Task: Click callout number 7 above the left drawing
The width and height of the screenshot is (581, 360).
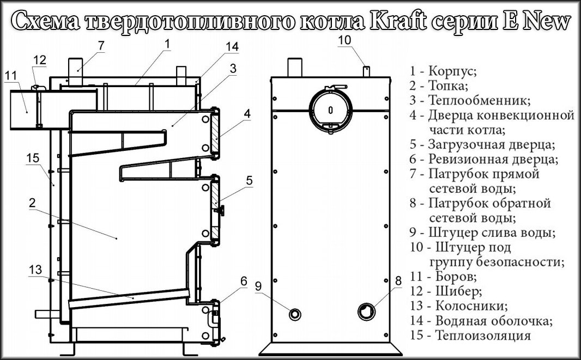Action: [x=101, y=45]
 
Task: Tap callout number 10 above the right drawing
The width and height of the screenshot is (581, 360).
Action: [x=346, y=40]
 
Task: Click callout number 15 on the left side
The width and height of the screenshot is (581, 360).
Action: [x=33, y=157]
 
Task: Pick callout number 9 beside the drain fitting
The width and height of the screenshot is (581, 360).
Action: [x=258, y=286]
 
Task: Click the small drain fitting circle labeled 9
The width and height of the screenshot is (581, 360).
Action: [x=295, y=314]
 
